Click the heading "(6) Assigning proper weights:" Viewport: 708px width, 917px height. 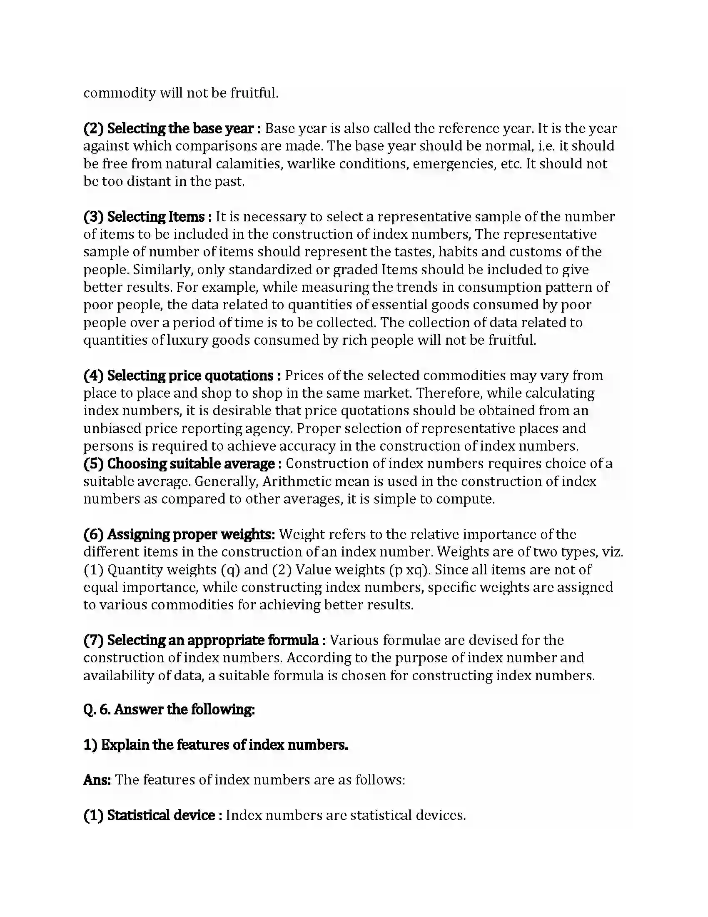[179, 534]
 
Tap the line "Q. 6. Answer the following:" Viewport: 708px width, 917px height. [169, 709]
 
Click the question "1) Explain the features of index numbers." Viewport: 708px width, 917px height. [216, 745]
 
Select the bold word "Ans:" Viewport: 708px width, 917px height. [97, 780]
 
